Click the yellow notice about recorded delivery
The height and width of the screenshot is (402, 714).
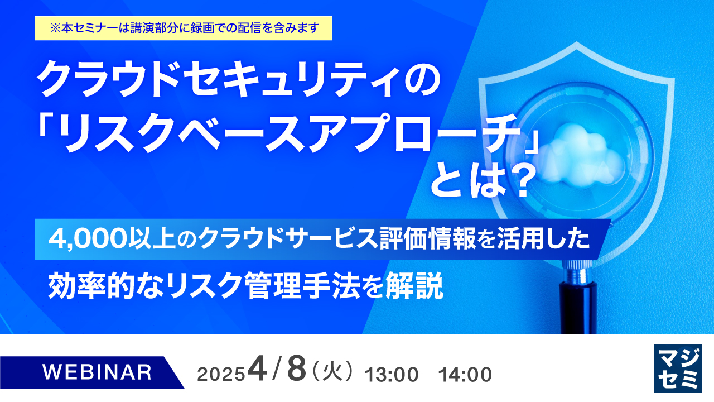(184, 28)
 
